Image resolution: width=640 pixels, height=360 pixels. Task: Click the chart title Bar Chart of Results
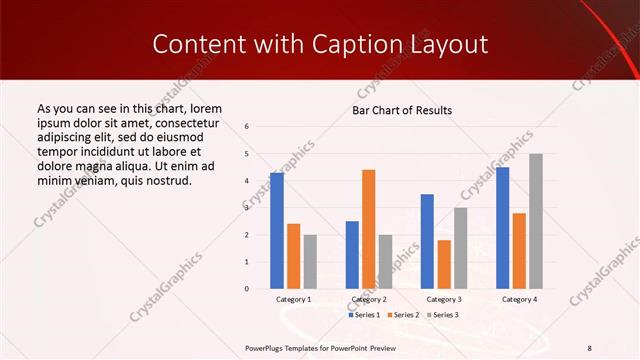[x=402, y=110]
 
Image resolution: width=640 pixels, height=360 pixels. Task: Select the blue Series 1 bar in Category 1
[x=277, y=231]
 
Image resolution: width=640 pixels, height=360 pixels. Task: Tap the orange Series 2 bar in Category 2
[x=368, y=229]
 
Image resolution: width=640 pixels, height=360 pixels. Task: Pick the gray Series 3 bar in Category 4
[x=536, y=221]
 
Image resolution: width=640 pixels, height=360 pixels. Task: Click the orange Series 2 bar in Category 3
[x=444, y=264]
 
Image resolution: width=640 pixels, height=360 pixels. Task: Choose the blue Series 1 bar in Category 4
[x=502, y=228]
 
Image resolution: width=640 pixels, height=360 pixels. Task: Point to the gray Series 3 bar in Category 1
[x=310, y=262]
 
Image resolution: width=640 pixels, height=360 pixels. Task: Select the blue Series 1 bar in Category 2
[x=352, y=255]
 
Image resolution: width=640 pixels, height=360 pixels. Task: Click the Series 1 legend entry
[x=363, y=315]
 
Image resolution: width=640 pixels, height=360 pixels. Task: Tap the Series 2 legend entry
[x=403, y=315]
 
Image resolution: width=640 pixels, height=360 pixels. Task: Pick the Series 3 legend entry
[x=442, y=315]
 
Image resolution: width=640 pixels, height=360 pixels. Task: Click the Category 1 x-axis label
[x=293, y=299]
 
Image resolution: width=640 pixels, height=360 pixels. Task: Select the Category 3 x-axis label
[x=444, y=299]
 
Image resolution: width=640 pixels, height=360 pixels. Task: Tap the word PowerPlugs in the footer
[x=266, y=347]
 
